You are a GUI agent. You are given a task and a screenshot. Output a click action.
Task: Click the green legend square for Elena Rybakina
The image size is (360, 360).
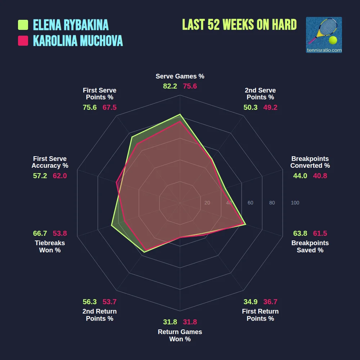(23, 25)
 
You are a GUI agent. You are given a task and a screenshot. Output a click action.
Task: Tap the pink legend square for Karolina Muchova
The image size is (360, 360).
(23, 41)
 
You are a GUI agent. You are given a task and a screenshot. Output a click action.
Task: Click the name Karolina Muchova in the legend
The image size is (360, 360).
(78, 41)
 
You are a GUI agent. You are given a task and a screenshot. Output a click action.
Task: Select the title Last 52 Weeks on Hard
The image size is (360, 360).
(239, 24)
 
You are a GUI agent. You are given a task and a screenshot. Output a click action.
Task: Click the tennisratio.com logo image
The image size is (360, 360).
(324, 35)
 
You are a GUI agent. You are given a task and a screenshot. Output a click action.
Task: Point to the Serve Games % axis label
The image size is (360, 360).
(180, 76)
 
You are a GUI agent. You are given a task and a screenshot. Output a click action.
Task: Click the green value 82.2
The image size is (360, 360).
(170, 86)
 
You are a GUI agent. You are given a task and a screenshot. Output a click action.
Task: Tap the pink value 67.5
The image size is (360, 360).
(109, 108)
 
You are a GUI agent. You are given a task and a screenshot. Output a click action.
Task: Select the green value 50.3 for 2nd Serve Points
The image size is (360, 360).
(250, 108)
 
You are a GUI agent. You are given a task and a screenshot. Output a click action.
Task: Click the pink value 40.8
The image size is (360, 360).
(320, 176)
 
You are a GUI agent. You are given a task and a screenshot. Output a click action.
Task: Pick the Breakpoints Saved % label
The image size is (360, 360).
(310, 247)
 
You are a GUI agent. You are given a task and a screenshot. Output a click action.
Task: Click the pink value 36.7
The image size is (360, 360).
(270, 302)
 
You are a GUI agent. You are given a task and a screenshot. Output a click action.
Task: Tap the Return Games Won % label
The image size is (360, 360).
(180, 336)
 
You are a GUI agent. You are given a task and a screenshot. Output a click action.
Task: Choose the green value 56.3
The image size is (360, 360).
(90, 302)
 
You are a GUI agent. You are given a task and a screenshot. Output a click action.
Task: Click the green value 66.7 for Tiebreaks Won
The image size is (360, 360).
(40, 233)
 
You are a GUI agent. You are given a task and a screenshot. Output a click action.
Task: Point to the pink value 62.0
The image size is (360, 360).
(60, 176)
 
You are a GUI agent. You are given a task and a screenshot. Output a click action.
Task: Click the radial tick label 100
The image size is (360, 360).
(295, 203)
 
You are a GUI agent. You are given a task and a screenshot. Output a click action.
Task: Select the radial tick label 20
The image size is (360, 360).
(207, 203)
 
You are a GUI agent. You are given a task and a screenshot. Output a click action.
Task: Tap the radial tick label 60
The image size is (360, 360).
(250, 203)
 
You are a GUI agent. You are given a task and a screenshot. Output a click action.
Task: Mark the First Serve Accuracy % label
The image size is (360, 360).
(50, 162)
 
